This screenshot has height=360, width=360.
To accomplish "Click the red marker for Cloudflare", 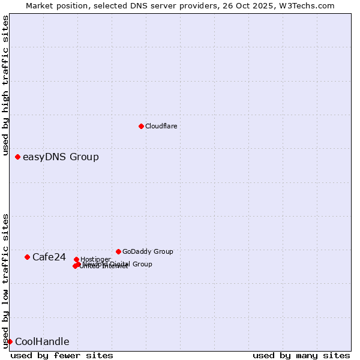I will pos(141,126).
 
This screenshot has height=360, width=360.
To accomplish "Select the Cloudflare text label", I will pos(161,126).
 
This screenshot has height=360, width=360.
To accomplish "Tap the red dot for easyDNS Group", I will pos(17,157).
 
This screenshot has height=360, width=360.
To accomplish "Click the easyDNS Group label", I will pos(61,157).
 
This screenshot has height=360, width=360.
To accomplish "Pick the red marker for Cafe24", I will pos(27,257).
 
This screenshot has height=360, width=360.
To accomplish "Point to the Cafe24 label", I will pos(49,257).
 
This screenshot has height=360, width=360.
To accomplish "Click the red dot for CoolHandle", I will pos(10,341).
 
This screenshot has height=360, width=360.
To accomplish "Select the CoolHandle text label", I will pos(42,342).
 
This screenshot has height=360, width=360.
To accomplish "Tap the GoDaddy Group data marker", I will pos(118,251).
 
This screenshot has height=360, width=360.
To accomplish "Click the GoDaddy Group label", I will pos(148,251).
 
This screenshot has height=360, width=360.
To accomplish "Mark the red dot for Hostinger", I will pos(76,259).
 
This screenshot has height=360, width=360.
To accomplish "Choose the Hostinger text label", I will pos(95,259).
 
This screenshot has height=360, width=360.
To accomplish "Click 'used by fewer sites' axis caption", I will pos(62,355).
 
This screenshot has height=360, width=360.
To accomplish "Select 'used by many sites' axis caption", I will pos(301,355).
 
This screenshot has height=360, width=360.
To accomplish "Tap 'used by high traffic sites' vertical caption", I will pos(6,85).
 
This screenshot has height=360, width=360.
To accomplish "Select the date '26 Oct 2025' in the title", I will pos(260,5).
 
